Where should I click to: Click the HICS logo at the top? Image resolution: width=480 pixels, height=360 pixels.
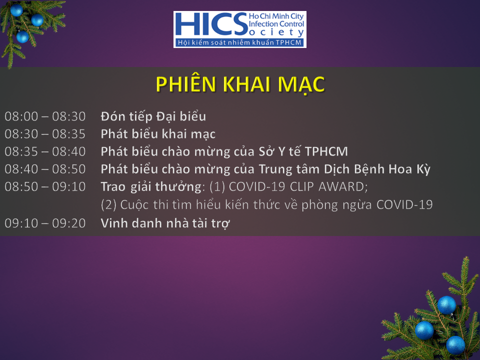pos(240,29)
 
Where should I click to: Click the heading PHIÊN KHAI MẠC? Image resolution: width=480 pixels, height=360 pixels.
pos(240,84)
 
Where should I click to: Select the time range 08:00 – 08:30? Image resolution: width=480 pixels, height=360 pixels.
pos(45,116)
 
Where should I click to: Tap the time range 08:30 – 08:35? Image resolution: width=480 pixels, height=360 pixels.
pos(45,134)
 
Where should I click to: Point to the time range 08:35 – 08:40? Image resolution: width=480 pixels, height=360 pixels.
pos(45,151)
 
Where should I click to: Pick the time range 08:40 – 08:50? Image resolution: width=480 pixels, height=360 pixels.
pos(45,169)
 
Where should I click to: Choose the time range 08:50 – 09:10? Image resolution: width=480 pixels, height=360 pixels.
pos(45,186)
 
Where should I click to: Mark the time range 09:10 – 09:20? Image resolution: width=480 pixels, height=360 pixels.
pos(45,223)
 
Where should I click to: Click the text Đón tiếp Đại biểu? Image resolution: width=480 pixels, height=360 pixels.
pos(153,116)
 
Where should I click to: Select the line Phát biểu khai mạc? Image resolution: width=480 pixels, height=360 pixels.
pos(158,134)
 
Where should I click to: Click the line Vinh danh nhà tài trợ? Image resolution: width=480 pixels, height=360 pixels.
pos(165,223)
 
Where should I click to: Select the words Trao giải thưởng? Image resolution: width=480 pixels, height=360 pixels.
pos(151,187)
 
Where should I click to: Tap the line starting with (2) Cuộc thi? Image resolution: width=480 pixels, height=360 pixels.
pos(266,205)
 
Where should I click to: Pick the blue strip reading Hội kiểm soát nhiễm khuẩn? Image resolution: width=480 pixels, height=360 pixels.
pos(240,42)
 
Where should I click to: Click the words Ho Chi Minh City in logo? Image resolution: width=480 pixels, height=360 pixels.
pos(276,16)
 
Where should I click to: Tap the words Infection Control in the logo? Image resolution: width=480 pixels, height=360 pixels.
pos(276,24)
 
